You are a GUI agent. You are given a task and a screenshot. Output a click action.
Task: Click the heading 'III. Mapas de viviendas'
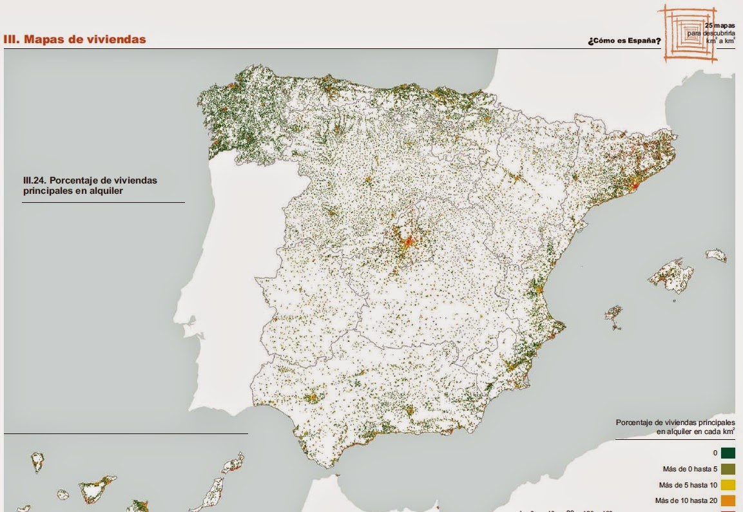75,39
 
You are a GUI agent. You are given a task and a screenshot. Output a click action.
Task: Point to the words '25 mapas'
720,26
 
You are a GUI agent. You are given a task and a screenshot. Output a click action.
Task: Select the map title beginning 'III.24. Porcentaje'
90,185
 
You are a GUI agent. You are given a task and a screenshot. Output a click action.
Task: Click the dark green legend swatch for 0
728,453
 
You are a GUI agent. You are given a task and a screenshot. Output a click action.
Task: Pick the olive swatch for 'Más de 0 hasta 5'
728,469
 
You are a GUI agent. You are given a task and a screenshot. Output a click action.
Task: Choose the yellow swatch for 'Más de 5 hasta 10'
728,485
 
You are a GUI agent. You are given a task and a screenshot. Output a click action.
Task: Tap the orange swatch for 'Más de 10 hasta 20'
728,500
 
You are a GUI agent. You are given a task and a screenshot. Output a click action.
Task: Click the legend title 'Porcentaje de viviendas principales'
675,422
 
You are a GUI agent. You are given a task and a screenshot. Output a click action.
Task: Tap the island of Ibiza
613,314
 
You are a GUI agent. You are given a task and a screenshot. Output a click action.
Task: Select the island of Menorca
715,256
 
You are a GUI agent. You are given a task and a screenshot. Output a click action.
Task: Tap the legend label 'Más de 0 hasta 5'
684,469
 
